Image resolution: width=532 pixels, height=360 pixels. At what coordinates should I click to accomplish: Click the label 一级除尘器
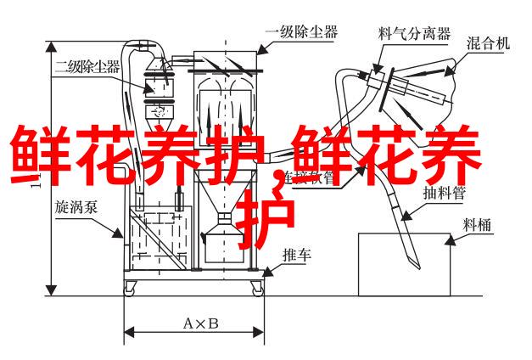pyautogui.click(x=301, y=33)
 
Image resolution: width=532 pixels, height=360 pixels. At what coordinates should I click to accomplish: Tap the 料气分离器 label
pyautogui.click(x=402, y=33)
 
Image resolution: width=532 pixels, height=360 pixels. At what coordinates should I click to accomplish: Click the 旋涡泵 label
pyautogui.click(x=74, y=206)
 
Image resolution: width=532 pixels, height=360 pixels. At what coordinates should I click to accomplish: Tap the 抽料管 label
pyautogui.click(x=445, y=192)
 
